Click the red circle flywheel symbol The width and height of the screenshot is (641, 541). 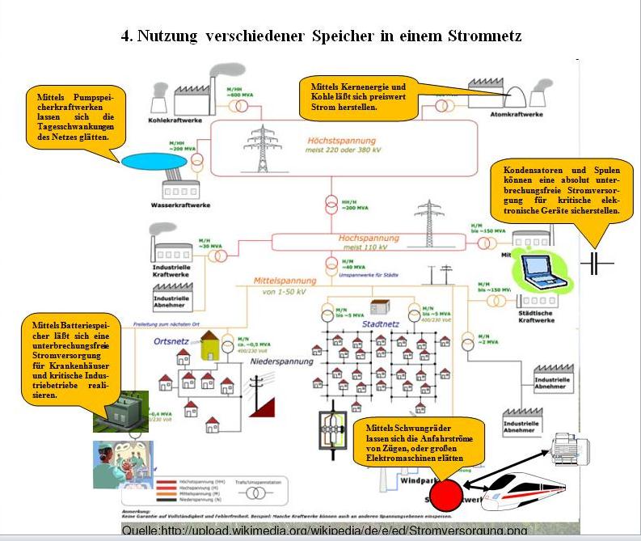(445, 494)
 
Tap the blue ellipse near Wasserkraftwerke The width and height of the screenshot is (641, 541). (153, 161)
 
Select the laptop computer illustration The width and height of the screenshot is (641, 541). (541, 273)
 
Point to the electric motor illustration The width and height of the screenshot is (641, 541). (571, 446)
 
